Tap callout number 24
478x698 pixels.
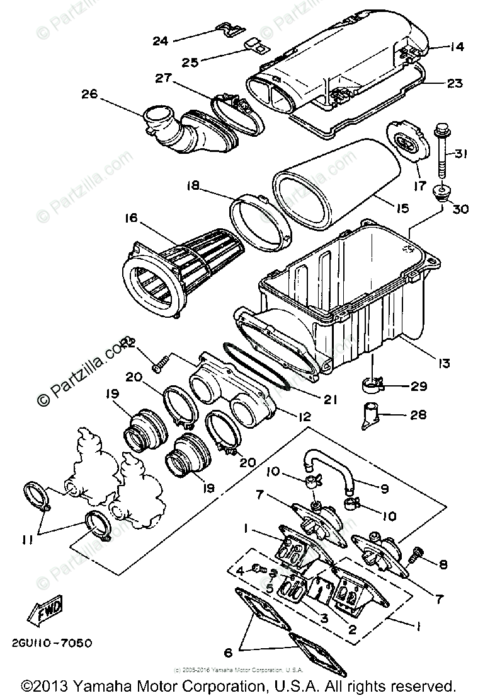[161, 41]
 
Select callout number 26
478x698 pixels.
[91, 95]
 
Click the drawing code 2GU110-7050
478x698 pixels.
[50, 643]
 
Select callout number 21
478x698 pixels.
[330, 399]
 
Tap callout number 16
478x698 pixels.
[131, 218]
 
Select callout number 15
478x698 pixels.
[402, 207]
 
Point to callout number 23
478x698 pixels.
[455, 83]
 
